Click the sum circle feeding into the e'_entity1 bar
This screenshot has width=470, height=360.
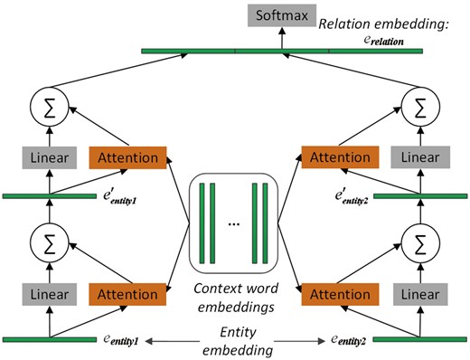(47, 243)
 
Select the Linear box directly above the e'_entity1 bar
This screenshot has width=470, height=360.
(47, 158)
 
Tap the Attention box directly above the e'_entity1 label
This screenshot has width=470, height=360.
(128, 158)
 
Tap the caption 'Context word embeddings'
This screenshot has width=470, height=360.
(235, 298)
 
